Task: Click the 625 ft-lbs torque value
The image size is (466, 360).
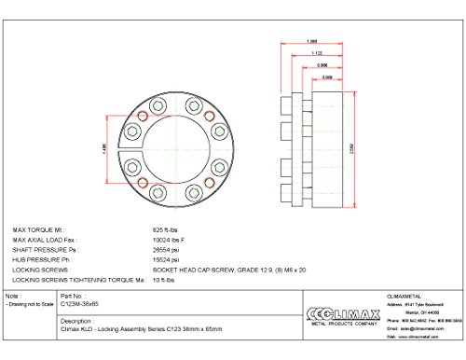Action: pyautogui.click(x=164, y=228)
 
